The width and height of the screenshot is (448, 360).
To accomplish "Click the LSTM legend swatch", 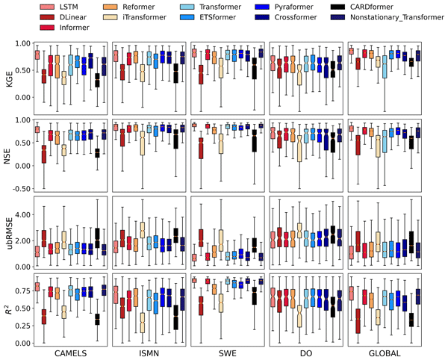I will click(x=48, y=6).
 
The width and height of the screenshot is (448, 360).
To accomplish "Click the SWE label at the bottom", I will click(x=226, y=352).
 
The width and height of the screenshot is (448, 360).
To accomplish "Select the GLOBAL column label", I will click(x=382, y=352).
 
